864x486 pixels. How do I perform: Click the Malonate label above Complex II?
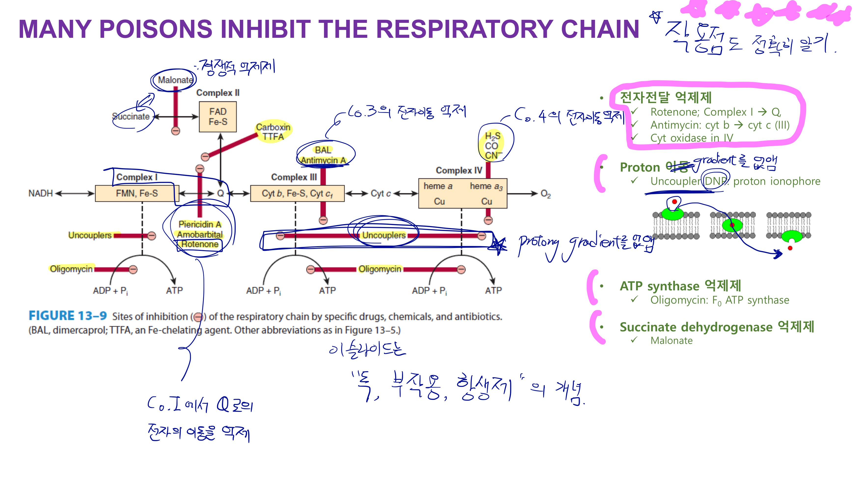[x=175, y=80]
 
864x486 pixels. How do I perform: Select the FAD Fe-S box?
[x=218, y=117]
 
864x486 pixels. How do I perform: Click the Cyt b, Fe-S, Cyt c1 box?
[x=297, y=193]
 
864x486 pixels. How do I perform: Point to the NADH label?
[x=40, y=193]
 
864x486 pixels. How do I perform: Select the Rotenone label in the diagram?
[x=200, y=244]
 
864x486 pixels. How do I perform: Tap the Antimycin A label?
[x=323, y=160]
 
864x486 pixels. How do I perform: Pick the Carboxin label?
[x=273, y=127]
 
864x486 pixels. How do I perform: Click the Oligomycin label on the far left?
[x=71, y=269]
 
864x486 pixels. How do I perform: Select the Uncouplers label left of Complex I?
[x=90, y=235]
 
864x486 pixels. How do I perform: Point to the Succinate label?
[x=131, y=116]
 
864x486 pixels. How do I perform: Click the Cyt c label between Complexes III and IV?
[x=381, y=193]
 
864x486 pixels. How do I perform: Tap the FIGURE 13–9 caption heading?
[x=67, y=316]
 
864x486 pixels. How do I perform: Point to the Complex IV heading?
[x=459, y=170]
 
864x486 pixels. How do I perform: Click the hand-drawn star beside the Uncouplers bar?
[x=499, y=245]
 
